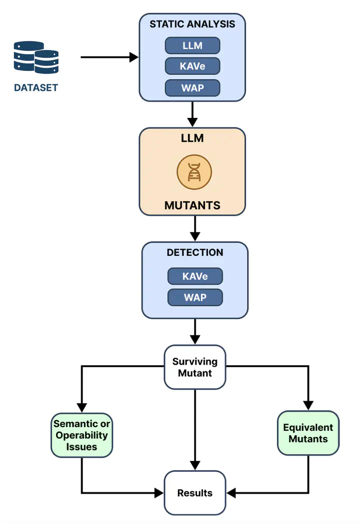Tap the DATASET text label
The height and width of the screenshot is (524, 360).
coord(35,88)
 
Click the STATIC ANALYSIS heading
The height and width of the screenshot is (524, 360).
coord(192,24)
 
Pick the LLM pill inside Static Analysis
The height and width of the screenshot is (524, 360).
coord(192,45)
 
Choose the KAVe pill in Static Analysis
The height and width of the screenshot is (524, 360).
coord(192,66)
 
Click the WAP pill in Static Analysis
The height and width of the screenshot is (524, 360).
coord(192,88)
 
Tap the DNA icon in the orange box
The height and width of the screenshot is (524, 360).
coord(194,172)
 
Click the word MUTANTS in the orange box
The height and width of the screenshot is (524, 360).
coord(192,205)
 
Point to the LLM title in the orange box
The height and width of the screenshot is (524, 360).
coord(192,138)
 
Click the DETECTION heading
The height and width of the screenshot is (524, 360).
coord(194,253)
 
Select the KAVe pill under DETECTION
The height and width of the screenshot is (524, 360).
coord(195,276)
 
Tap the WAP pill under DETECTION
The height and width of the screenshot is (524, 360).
coord(195,297)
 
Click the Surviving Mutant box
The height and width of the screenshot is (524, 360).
coord(195,367)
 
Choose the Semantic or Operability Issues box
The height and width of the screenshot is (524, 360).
coord(82,435)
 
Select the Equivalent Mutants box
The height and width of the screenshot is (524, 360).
coord(308,433)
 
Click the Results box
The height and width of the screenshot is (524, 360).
coord(195,493)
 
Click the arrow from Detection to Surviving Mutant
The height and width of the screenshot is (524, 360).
coord(195,331)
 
